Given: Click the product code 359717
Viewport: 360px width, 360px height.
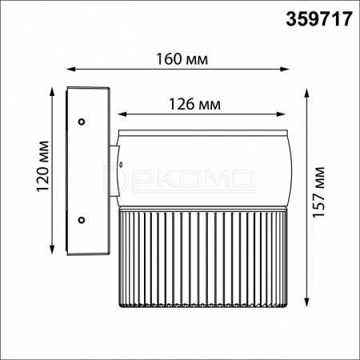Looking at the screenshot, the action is (x=319, y=19).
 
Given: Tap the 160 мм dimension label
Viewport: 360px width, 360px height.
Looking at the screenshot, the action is (x=182, y=59).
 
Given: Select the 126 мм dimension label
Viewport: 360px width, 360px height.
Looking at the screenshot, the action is (x=195, y=104).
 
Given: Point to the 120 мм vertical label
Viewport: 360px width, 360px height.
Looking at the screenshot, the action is (x=43, y=166).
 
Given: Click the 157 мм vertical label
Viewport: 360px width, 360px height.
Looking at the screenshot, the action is (x=318, y=192).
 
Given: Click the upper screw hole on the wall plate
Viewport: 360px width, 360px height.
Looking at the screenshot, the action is (x=82, y=122).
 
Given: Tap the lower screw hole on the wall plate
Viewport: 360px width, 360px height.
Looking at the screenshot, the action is (x=82, y=220).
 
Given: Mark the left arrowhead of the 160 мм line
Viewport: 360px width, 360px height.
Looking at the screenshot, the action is (x=70, y=70).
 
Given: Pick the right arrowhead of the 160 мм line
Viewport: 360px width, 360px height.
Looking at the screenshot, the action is (x=286, y=70).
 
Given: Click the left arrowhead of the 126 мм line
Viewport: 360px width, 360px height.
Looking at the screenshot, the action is (x=122, y=114).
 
